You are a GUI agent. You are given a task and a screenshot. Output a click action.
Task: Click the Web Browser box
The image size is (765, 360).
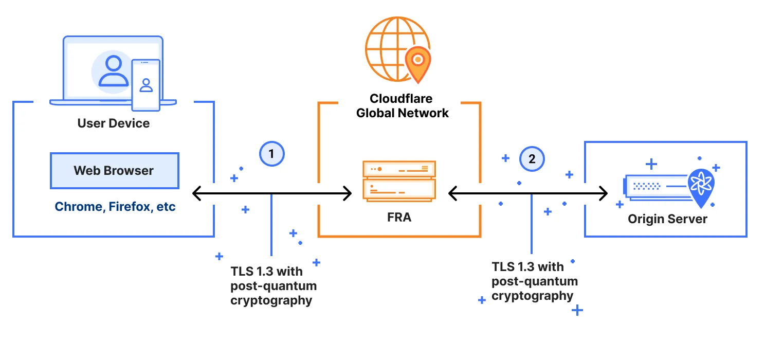114,171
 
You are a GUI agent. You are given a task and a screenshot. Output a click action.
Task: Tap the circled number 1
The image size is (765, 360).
271,153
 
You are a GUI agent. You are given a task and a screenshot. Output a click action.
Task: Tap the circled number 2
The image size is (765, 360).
532,159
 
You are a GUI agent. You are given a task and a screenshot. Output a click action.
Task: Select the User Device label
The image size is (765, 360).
114,123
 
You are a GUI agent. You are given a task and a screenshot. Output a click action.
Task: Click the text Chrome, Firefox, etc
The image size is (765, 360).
115,207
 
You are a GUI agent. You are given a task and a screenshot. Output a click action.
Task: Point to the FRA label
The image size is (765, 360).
399,217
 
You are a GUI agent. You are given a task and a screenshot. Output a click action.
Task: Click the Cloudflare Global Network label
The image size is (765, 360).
402,106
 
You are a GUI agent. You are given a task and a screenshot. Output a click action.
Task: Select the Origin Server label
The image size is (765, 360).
667,219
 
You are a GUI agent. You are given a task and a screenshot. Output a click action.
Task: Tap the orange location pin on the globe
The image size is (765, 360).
418,63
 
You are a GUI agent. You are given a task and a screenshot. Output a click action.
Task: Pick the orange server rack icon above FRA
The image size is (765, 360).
399,181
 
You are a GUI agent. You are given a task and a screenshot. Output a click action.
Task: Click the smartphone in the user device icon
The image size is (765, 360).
146,85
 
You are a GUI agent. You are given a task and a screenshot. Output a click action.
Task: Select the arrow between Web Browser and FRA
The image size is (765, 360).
271,194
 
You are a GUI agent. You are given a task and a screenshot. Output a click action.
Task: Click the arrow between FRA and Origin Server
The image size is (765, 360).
528,194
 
